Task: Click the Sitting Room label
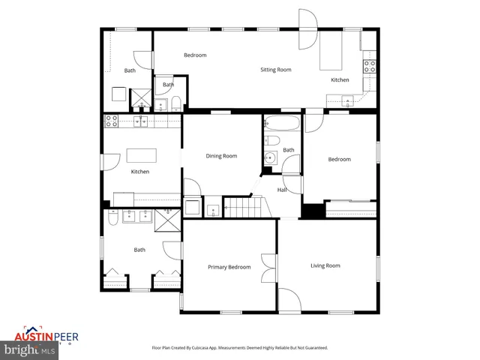275,70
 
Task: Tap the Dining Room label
221,156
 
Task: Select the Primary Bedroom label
229,267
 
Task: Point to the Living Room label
325,265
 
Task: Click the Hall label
282,190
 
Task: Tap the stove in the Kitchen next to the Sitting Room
369,65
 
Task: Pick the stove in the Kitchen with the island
111,120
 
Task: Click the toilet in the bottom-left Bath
111,218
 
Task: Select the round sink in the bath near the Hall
269,157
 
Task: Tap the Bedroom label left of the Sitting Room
195,55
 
